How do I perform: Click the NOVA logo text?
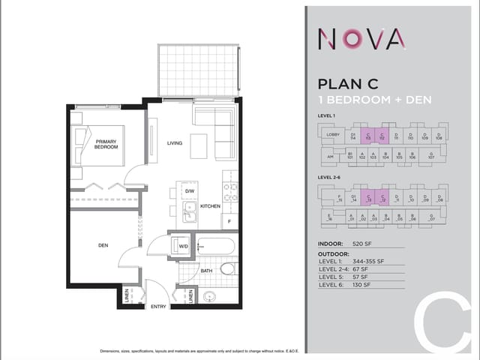tap(363, 37)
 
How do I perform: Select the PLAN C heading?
tap(351, 84)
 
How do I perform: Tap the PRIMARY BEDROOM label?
tap(106, 143)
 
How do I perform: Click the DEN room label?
tap(103, 244)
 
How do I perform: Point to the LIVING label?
tap(175, 142)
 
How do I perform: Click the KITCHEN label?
tap(209, 205)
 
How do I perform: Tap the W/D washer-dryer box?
tap(183, 245)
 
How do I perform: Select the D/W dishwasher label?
tap(190, 191)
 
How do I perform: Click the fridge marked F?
tap(229, 221)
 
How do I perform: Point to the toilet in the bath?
tap(228, 268)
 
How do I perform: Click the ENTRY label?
tap(158, 306)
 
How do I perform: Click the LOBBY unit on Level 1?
tap(333, 135)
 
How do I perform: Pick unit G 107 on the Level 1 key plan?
tap(431, 156)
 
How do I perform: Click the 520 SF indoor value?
tap(362, 244)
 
